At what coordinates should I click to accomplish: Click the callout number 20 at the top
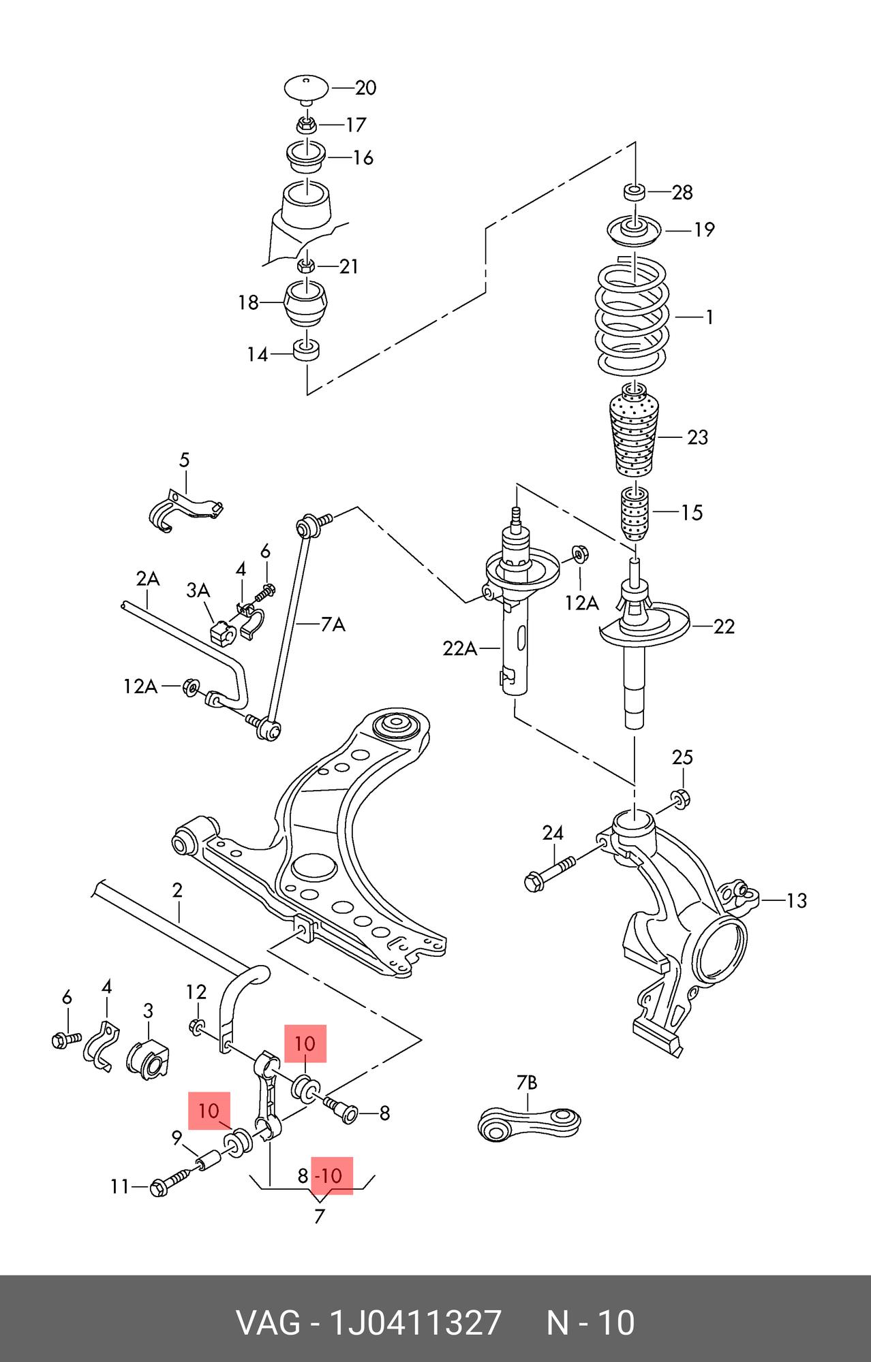366,88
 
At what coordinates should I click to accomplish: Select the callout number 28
682,193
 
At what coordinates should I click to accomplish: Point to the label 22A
460,649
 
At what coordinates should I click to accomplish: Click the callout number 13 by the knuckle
796,900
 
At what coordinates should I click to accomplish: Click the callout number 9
177,1137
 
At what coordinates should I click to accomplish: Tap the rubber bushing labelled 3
147,1064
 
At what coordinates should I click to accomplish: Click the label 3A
198,590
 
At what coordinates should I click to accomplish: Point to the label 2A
147,579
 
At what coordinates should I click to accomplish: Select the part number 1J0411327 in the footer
416,1323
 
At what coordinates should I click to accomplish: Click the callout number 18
249,302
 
